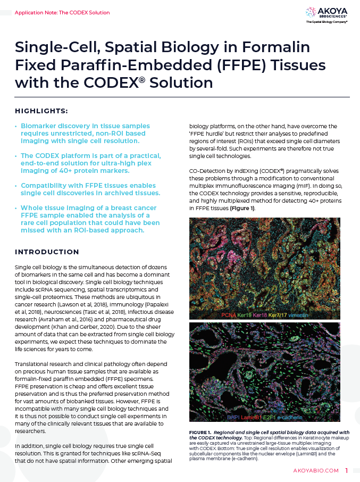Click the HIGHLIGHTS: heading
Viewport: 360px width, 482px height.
point(41,111)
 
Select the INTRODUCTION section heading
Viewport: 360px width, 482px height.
point(47,252)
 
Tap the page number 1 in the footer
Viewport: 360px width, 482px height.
point(346,470)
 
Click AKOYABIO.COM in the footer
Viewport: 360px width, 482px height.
point(316,471)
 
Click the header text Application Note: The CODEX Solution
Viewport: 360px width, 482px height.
point(62,12)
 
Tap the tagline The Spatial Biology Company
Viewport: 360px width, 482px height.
point(327,22)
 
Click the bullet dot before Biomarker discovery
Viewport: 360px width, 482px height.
point(16,126)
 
